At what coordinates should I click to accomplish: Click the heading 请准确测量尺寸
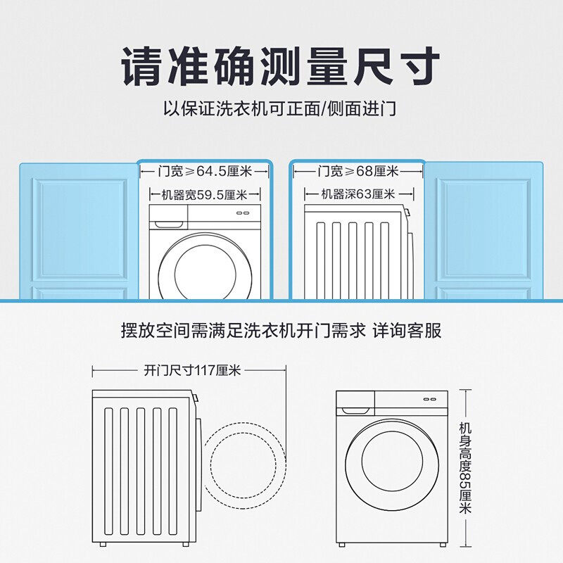[x=281, y=66]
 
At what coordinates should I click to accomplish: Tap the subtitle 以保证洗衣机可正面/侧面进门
[x=281, y=109]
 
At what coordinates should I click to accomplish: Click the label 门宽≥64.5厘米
[x=204, y=171]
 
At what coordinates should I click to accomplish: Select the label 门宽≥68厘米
[x=358, y=171]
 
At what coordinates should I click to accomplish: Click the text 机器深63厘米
[x=358, y=195]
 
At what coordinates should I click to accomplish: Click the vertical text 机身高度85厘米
[x=465, y=467]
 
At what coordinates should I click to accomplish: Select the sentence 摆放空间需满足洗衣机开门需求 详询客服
[x=281, y=331]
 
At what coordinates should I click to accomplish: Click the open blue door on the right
[x=483, y=232]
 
